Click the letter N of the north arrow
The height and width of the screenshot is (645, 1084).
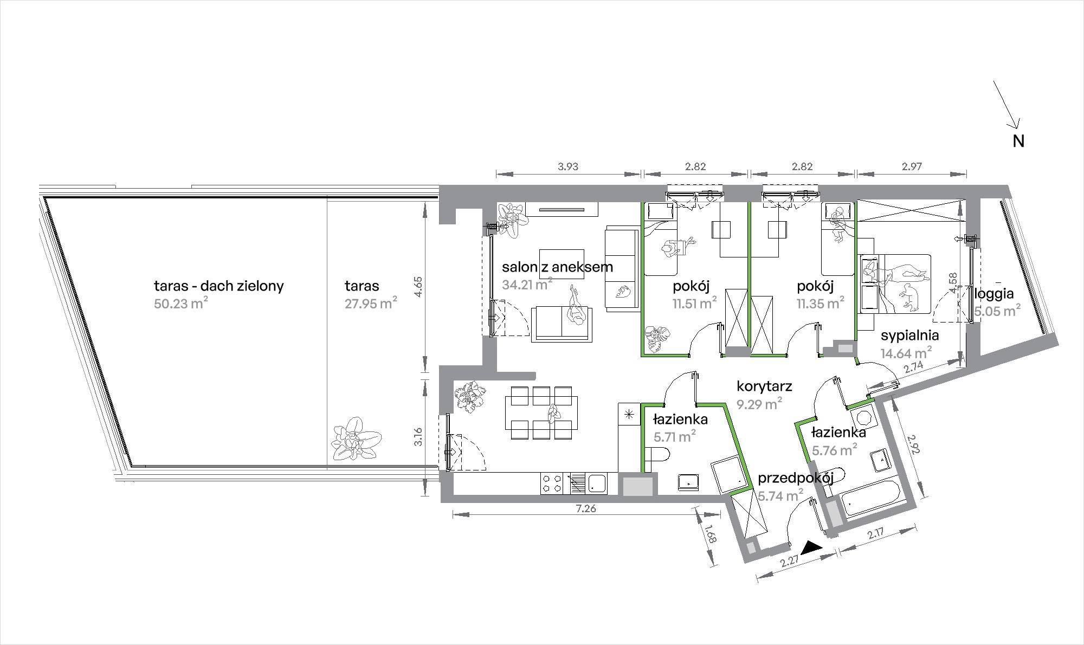tap(1019, 141)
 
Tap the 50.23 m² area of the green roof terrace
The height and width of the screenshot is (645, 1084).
tap(181, 303)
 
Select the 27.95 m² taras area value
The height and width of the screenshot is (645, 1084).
tap(371, 302)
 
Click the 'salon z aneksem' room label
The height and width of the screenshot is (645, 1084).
tap(557, 267)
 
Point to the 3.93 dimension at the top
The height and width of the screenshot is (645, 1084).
tap(568, 167)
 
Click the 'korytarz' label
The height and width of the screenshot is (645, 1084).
tap(765, 386)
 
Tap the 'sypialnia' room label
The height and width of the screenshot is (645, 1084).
tap(909, 336)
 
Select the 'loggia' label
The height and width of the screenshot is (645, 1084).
tap(994, 294)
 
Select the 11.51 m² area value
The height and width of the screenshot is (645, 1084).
tap(695, 304)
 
